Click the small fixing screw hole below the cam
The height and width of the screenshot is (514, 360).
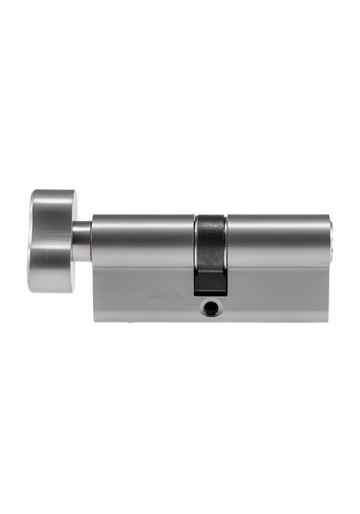tap(210, 309)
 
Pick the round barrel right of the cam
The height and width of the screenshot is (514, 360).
tap(278, 240)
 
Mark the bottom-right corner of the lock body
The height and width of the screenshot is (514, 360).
tap(329, 319)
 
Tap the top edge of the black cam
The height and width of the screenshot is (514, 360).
tap(210, 215)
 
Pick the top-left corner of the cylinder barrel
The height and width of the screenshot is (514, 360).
tap(93, 217)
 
